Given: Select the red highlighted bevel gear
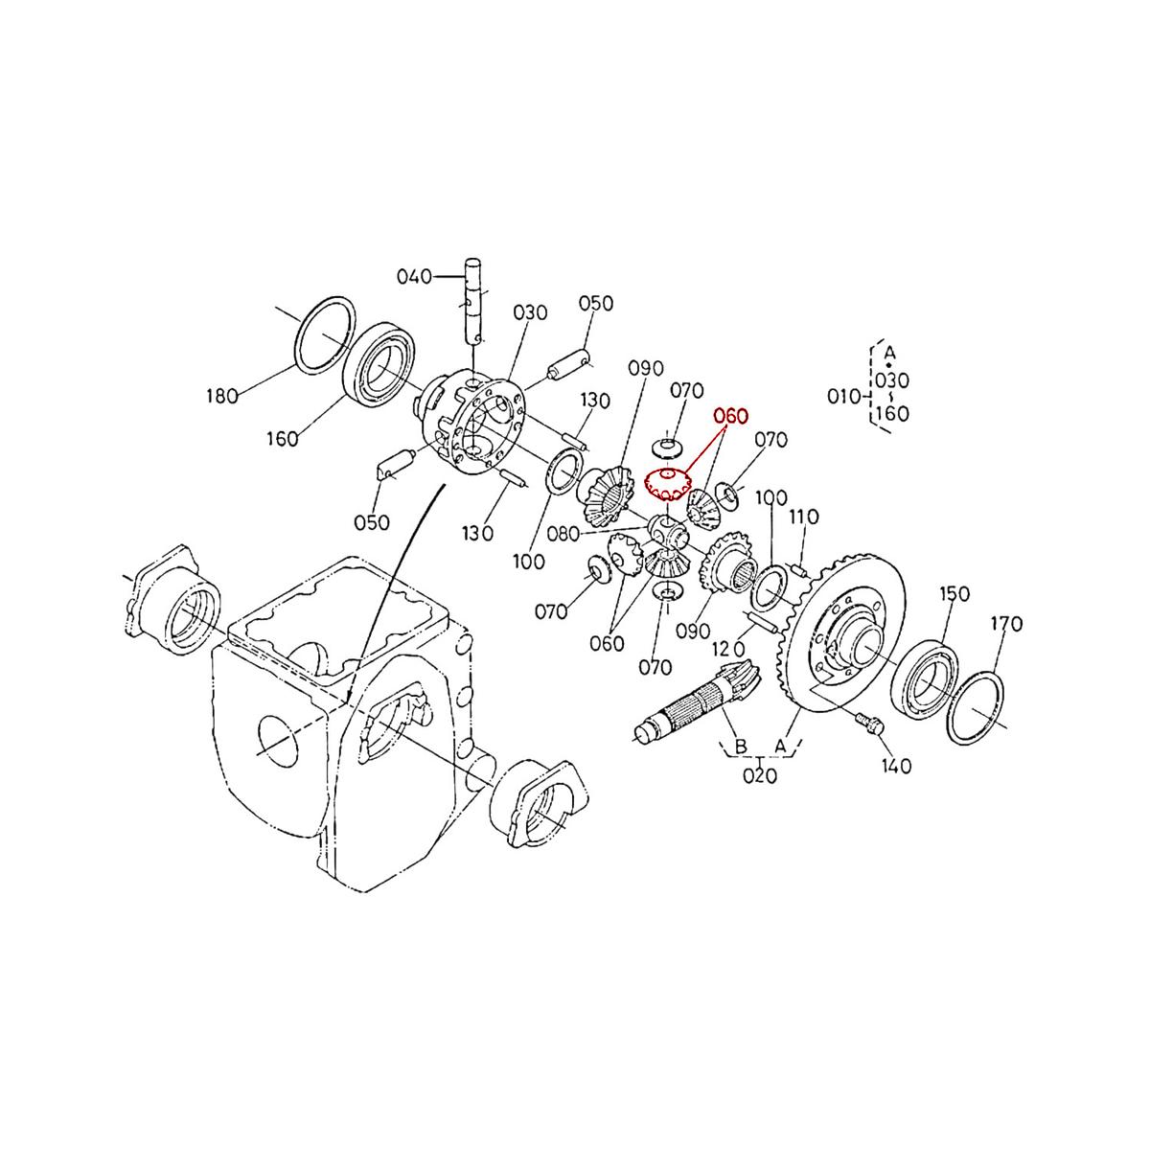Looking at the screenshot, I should click(x=667, y=485).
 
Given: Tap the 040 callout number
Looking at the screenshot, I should click(x=414, y=277).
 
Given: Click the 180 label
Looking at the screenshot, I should click(x=221, y=396).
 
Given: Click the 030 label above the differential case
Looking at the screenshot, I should click(x=529, y=312).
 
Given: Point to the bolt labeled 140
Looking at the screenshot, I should click(x=869, y=724).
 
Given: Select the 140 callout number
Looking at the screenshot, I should click(x=896, y=766).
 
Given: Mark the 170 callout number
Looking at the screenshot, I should click(x=1006, y=624).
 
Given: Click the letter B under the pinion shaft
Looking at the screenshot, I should click(x=740, y=746).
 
